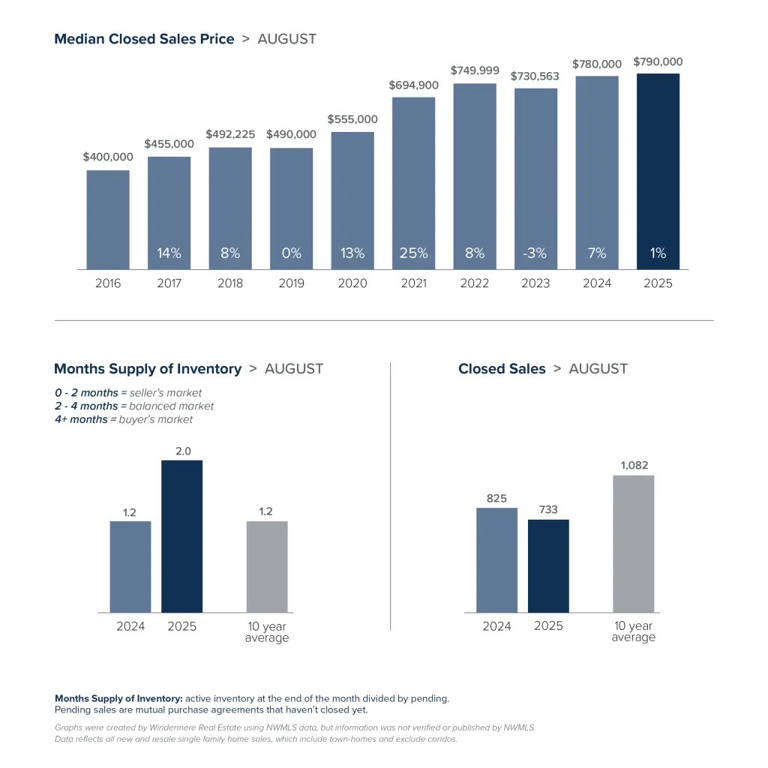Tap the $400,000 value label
108,157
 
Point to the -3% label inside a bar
535,253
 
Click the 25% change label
414,253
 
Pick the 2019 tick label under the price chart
292,283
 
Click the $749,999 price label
475,70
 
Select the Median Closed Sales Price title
144,39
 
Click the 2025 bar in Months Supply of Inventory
182,536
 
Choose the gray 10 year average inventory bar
267,566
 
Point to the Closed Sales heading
502,369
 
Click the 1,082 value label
634,466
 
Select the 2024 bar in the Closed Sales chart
496,560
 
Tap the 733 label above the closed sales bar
548,509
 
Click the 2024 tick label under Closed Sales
496,626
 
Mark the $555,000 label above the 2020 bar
352,119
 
